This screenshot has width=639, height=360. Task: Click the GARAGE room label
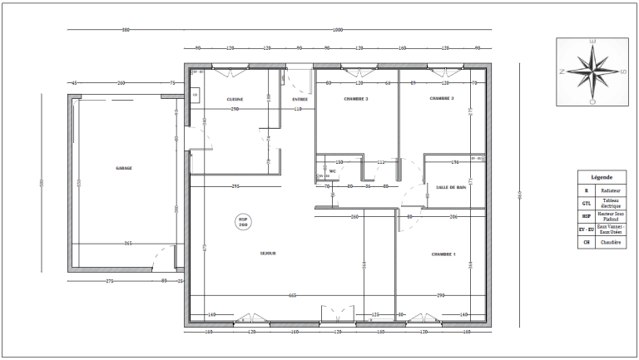124,168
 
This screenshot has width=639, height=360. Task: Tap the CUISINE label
235,99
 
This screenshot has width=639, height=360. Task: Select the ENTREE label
300,99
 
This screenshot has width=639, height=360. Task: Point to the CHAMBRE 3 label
356,99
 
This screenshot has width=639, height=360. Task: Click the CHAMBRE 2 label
441,98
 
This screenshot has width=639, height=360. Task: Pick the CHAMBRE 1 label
443,254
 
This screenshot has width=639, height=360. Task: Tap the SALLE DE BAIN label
451,187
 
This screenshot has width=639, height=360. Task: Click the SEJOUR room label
268,253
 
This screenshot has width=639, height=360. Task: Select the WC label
332,172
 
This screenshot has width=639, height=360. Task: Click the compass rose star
592,71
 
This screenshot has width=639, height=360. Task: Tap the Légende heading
602,177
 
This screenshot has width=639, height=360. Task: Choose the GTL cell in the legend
587,203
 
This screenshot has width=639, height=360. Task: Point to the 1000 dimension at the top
337,31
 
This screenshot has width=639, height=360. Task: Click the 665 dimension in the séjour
293,295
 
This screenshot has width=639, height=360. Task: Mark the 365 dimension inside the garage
127,243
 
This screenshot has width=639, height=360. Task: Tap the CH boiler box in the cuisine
195,96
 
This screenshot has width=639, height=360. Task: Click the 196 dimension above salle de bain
454,162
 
